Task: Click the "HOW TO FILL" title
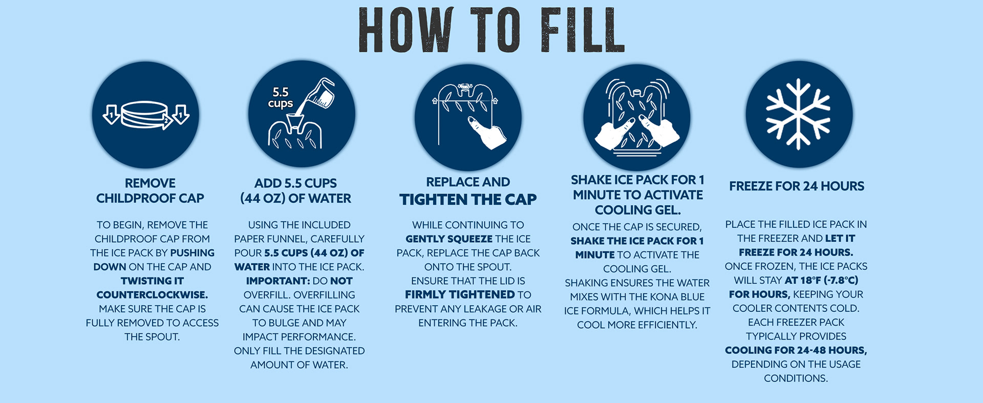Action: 491,30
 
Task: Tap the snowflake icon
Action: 798,114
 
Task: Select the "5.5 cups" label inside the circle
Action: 281,97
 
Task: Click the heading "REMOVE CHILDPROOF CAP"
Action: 150,190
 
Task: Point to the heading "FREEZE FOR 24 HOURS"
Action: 797,186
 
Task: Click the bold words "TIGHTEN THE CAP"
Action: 468,199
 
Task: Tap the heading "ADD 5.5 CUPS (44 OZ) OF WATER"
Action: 296,190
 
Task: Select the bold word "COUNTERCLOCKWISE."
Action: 152,295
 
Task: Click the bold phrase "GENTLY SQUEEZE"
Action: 449,239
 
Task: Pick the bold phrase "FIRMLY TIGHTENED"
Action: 460,295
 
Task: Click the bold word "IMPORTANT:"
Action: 278,281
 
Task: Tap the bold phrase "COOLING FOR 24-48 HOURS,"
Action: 796,350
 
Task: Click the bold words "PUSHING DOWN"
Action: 154,260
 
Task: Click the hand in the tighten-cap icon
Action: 487,132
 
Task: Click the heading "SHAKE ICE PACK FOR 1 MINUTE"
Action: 637,187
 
